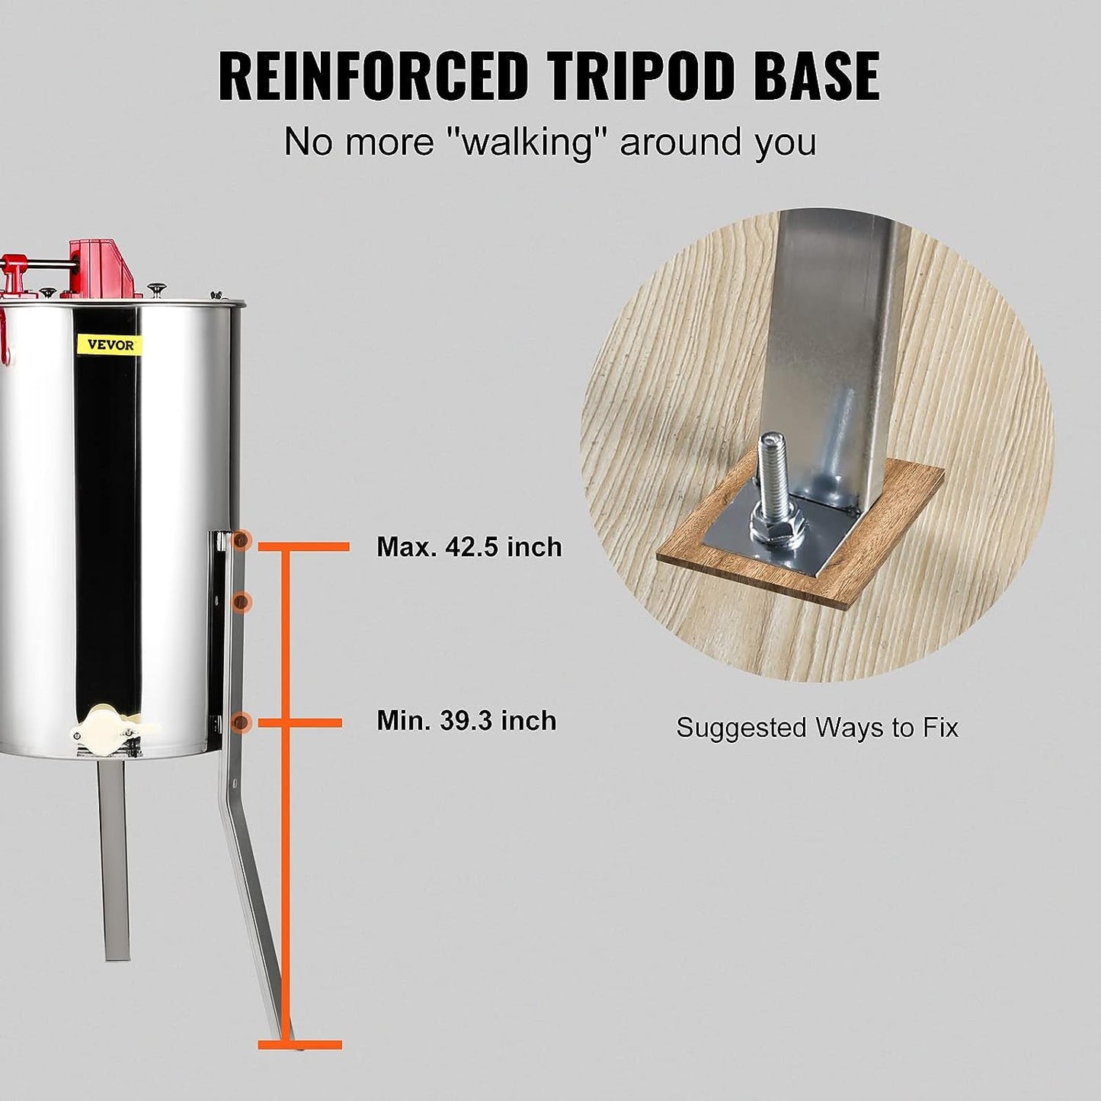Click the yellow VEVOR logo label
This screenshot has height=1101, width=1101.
(110, 344)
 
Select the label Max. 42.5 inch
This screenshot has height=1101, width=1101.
(469, 547)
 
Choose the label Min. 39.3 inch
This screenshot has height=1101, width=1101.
(466, 721)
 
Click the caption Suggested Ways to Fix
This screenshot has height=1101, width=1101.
(817, 728)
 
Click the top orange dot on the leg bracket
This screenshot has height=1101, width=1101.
(242, 540)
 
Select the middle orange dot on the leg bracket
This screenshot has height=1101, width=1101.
(242, 601)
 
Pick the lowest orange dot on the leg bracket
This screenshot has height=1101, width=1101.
(242, 722)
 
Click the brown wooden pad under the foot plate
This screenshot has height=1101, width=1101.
(800, 542)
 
